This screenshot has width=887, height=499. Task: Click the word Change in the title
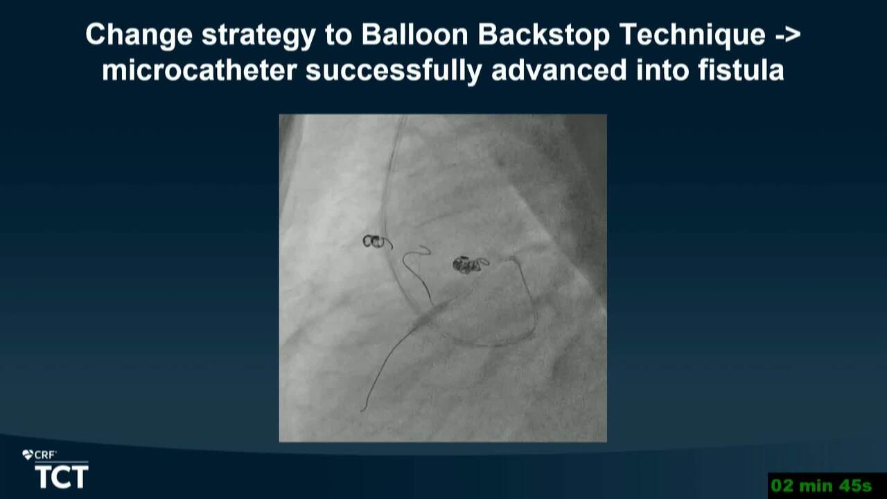[x=139, y=35]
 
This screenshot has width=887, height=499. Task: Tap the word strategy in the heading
[x=258, y=35]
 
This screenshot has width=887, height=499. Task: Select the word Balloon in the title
[x=414, y=34]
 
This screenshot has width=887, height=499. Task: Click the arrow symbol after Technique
[x=786, y=35]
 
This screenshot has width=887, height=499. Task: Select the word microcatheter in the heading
[x=199, y=70]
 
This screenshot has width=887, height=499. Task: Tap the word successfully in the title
[x=394, y=71]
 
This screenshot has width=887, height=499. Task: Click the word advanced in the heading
[x=559, y=70]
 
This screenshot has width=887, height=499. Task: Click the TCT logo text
[x=62, y=477]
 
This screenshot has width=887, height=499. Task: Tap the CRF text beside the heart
[x=44, y=455]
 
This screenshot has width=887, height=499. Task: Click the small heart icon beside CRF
[x=27, y=455]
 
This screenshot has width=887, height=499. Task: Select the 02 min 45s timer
[x=822, y=486]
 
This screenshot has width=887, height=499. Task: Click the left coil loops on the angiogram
[x=374, y=241]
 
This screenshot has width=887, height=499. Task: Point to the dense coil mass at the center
[x=467, y=265]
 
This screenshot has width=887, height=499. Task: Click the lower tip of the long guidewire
[x=362, y=410]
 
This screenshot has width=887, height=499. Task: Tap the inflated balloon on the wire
[x=430, y=315]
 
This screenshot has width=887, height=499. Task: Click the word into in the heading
[x=662, y=70]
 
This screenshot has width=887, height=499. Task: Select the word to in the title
[x=339, y=35]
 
